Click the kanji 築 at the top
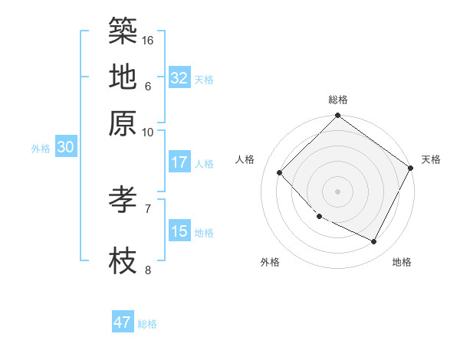click(123, 31)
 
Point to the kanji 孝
click(123, 200)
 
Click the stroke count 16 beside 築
click(149, 40)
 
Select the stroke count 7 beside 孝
click(148, 208)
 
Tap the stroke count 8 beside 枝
click(148, 270)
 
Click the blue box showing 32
click(179, 78)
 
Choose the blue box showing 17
click(179, 162)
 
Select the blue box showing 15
click(179, 231)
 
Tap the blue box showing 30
click(65, 148)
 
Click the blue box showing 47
click(123, 322)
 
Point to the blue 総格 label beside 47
click(147, 324)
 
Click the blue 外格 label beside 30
click(41, 149)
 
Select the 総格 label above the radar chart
click(338, 100)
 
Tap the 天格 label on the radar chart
click(431, 159)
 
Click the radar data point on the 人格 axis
click(280, 172)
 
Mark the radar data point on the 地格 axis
click(374, 242)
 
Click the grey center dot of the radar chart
click(337, 191)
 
